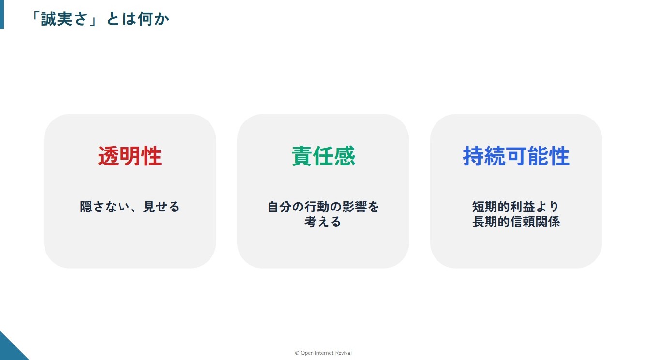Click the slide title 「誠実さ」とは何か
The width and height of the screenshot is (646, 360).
[100, 19]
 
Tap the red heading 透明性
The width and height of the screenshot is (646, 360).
[130, 156]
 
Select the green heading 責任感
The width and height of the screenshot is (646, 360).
[323, 156]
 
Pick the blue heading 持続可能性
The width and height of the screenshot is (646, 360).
[516, 156]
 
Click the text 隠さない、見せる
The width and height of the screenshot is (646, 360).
[130, 207]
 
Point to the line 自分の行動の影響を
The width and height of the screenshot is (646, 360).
[323, 207]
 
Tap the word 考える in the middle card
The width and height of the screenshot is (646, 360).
[323, 222]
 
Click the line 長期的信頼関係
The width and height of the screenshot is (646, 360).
[516, 222]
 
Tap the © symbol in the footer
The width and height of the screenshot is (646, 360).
[297, 353]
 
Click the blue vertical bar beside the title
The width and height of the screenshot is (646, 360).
[2, 14]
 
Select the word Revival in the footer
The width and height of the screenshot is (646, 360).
[343, 353]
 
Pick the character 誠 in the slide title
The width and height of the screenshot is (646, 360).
[48, 19]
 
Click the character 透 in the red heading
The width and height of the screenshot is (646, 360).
[108, 156]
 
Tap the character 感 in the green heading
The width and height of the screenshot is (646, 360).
[345, 156]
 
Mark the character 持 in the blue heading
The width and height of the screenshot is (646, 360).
[473, 156]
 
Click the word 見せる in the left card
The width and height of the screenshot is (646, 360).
[161, 207]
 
